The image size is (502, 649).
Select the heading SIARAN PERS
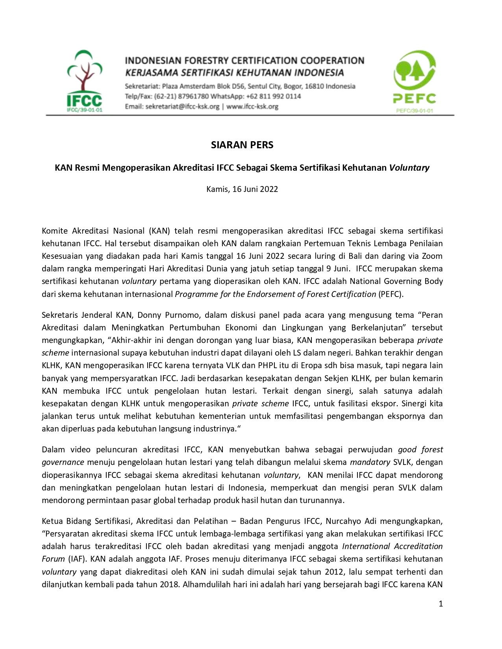pos(242,145)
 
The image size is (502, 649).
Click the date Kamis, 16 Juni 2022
pos(242,189)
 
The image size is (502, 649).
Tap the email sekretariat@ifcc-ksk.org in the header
pos(182,107)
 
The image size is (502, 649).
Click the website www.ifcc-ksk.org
pos(252,107)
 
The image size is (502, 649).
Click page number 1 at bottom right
pos(441,604)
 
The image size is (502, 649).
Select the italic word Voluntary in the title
pos(409,168)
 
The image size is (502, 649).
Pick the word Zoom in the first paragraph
pos(432,256)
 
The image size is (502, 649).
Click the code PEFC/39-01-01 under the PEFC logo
pos(414,111)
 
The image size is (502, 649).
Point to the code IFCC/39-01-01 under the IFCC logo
pos(84,110)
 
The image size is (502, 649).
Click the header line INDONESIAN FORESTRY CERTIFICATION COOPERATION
pos(244,61)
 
